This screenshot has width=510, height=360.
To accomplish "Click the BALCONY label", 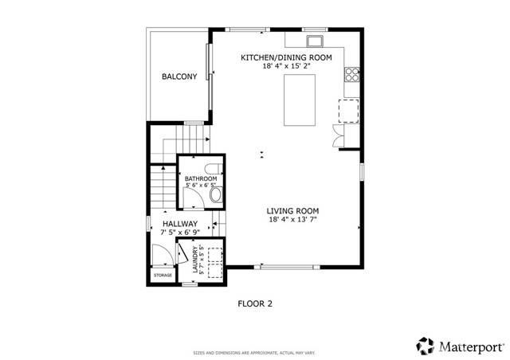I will [x=179, y=77].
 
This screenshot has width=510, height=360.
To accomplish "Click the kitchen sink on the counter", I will [x=314, y=41].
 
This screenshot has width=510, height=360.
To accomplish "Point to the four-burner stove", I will [x=351, y=76].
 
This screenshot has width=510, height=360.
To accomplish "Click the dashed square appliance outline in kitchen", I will [x=349, y=110].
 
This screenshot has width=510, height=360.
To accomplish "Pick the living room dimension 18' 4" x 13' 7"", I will [x=292, y=219].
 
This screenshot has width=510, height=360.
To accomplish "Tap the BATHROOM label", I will [x=200, y=179].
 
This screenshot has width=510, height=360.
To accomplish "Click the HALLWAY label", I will [x=180, y=224].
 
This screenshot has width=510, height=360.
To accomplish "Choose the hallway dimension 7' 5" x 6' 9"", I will [x=180, y=233].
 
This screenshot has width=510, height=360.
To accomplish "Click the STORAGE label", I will [x=163, y=275].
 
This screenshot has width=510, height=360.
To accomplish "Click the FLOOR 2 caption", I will [x=255, y=303].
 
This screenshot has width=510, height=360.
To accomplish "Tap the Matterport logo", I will [x=460, y=346].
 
